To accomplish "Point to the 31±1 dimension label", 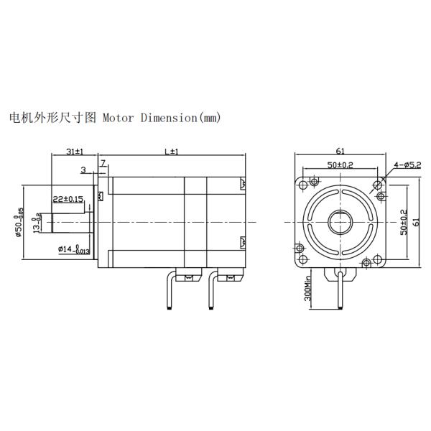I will pyautogui.click(x=74, y=152).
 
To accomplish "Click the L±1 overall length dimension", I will pyautogui.click(x=171, y=152).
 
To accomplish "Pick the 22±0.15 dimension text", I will pyautogui.click(x=68, y=198).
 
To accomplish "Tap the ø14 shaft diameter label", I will pyautogui.click(x=74, y=249).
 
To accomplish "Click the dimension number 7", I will pyautogui.click(x=103, y=164).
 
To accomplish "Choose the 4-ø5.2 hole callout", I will pyautogui.click(x=407, y=164).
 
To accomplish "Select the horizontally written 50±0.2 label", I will pyautogui.click(x=340, y=165).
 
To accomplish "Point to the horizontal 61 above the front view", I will pyautogui.click(x=340, y=152).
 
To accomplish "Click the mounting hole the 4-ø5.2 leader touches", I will pyautogui.click(x=379, y=185).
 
